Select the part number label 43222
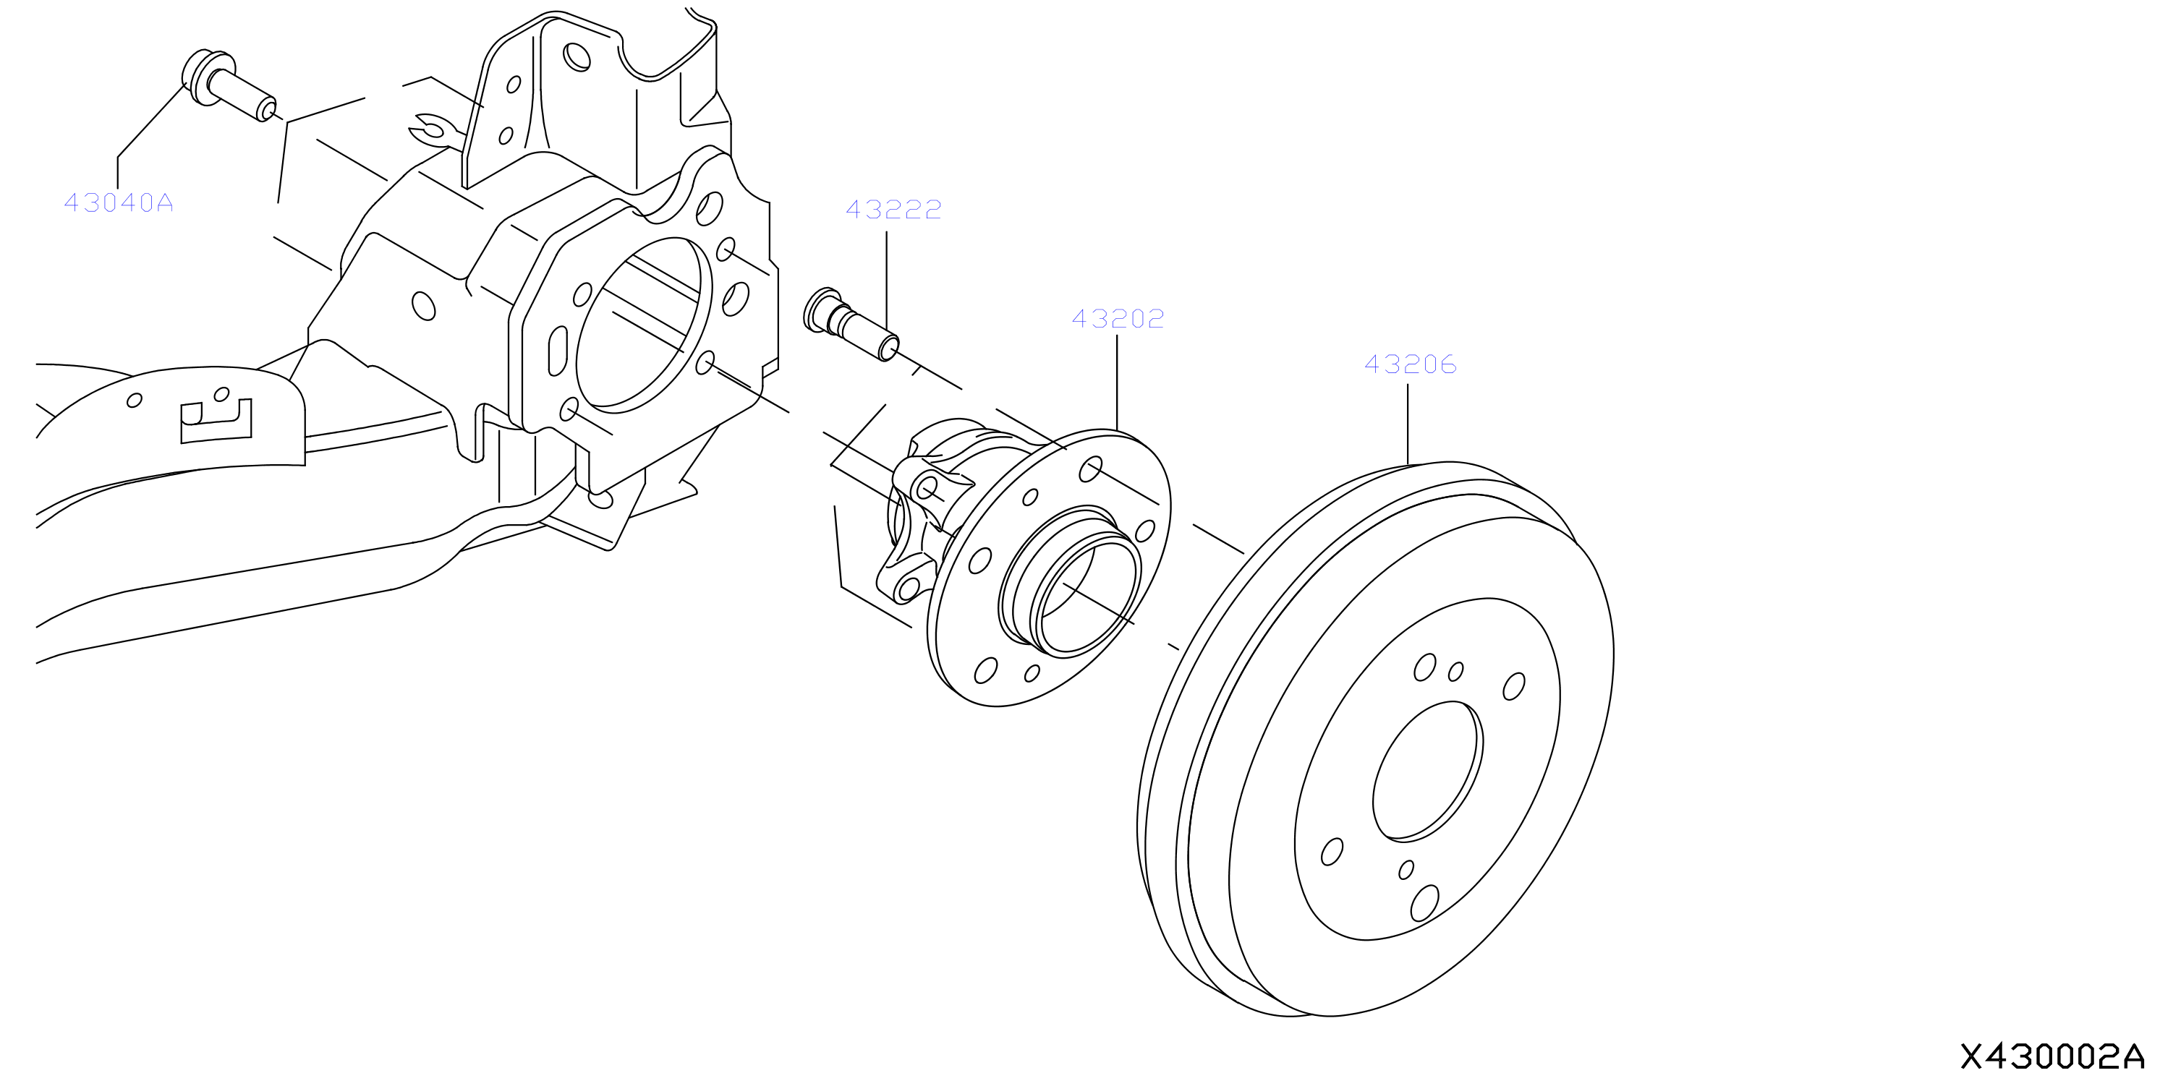point(894,210)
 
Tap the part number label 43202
point(1118,319)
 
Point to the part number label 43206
point(1411,364)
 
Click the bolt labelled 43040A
point(228,85)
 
